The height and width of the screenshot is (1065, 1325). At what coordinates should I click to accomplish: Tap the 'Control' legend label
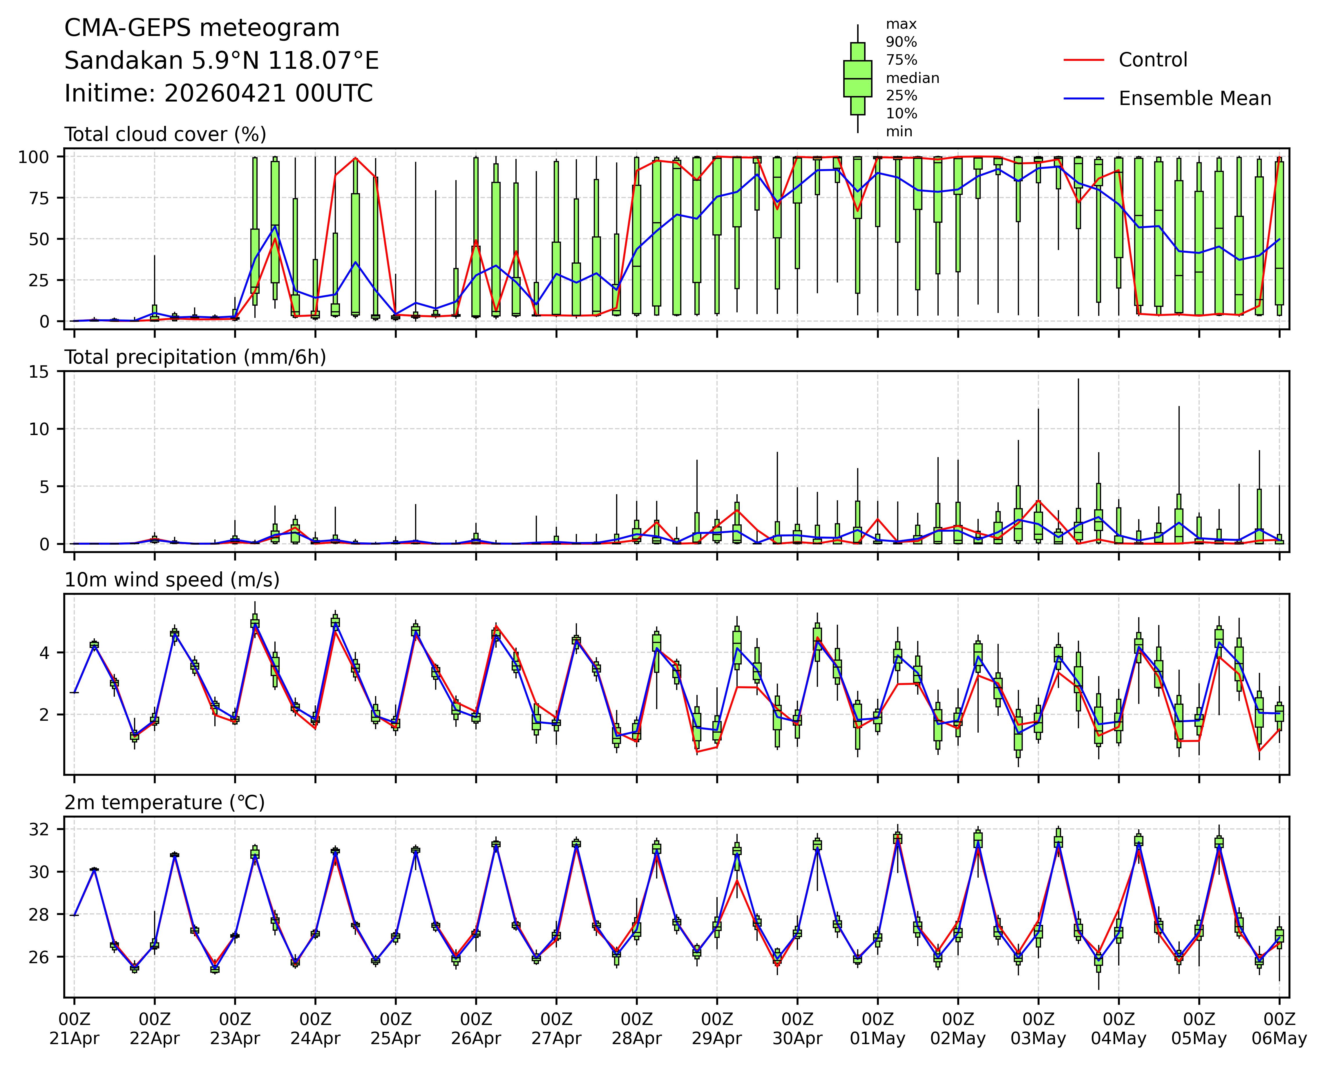tap(1153, 60)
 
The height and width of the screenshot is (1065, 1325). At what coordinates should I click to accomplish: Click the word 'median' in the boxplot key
tap(912, 78)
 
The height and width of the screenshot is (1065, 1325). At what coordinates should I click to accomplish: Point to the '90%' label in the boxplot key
tap(901, 42)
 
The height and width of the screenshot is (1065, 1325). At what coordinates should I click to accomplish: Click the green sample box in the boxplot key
tap(857, 79)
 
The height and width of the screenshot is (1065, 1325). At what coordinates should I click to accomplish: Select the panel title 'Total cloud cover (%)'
tap(165, 134)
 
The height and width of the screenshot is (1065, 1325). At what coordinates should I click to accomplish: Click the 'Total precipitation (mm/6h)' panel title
tap(195, 357)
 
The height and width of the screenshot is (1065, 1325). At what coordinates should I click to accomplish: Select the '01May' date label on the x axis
tap(878, 1039)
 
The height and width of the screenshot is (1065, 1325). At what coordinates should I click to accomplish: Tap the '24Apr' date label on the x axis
tap(315, 1039)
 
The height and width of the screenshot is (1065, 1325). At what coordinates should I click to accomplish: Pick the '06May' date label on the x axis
tap(1279, 1039)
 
